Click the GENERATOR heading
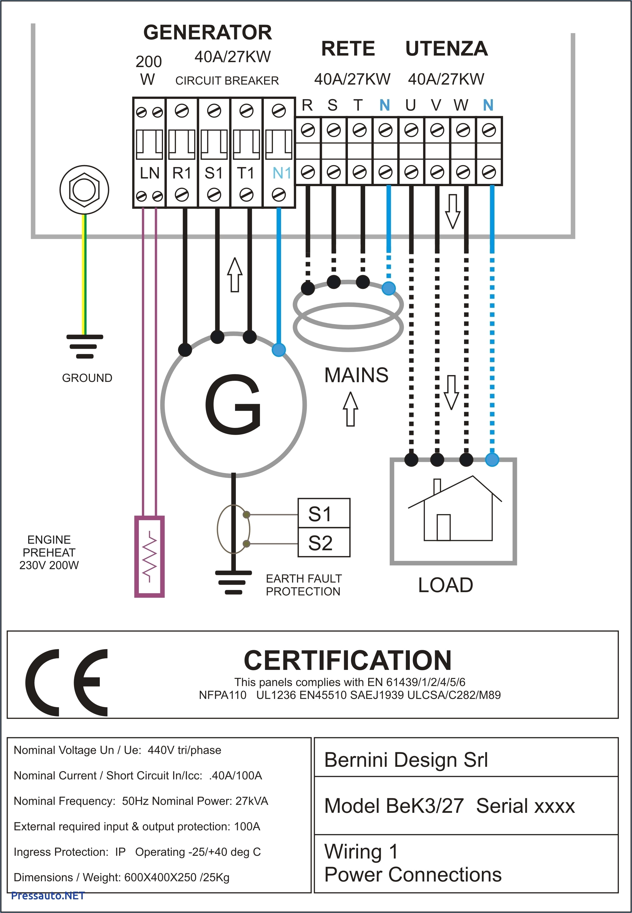pyautogui.click(x=207, y=33)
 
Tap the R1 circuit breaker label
pyautogui.click(x=182, y=173)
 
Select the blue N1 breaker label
pyautogui.click(x=282, y=173)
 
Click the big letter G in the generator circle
pyautogui.click(x=233, y=404)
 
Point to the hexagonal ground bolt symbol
pyautogui.click(x=84, y=190)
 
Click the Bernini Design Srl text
pyautogui.click(x=406, y=759)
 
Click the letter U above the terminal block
pyautogui.click(x=410, y=105)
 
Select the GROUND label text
pyautogui.click(x=87, y=378)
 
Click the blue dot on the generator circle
pyautogui.click(x=279, y=350)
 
